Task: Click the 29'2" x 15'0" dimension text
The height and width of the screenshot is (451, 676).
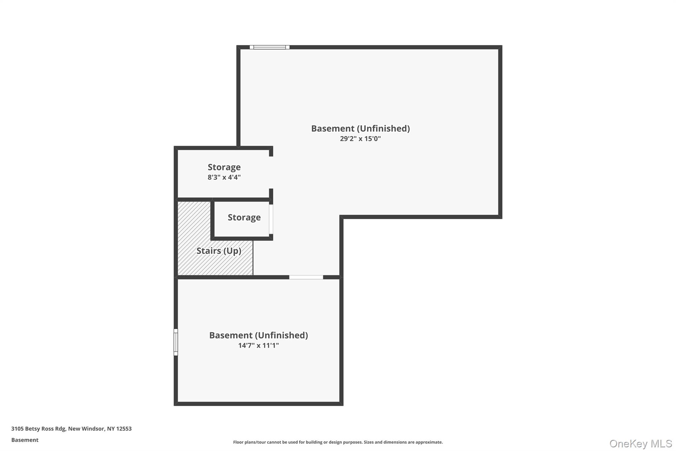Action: click(360, 139)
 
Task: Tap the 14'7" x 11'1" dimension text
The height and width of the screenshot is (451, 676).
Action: click(258, 346)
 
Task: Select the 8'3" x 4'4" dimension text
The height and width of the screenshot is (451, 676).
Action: click(224, 177)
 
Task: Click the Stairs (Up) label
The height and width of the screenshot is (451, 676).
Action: click(219, 251)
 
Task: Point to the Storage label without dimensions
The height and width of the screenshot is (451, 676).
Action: click(244, 217)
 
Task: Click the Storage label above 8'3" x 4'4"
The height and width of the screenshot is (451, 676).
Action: click(224, 167)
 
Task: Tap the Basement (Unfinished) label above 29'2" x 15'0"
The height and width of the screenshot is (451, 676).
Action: click(360, 129)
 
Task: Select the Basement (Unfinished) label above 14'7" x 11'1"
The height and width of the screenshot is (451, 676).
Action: click(258, 335)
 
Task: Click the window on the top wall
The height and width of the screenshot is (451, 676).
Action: click(269, 47)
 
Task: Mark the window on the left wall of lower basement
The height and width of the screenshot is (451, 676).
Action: click(176, 342)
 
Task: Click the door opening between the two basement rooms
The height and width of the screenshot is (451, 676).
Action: click(306, 277)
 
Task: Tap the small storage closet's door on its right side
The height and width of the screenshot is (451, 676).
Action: click(271, 219)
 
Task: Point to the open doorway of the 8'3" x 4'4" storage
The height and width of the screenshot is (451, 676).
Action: click(271, 172)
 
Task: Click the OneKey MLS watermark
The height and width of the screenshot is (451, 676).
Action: click(640, 443)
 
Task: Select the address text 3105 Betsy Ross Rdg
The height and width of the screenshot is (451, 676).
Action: click(38, 429)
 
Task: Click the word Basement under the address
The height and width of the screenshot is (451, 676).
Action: click(25, 440)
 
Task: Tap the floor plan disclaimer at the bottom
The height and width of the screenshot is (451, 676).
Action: click(338, 442)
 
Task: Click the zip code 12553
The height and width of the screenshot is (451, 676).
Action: click(124, 429)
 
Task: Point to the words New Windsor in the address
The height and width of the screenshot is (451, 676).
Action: click(86, 429)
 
